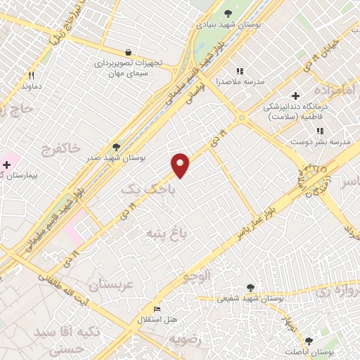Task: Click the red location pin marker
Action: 181,165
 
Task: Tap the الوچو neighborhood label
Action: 198,276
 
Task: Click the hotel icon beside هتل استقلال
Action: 157,309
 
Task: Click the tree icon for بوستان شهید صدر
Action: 116,147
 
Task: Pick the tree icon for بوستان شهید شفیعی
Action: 250,287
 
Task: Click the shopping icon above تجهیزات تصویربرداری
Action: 128,51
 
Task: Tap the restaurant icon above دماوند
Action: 31,75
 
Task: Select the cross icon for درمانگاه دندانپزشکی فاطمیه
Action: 295,96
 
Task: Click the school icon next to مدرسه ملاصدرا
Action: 239,70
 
